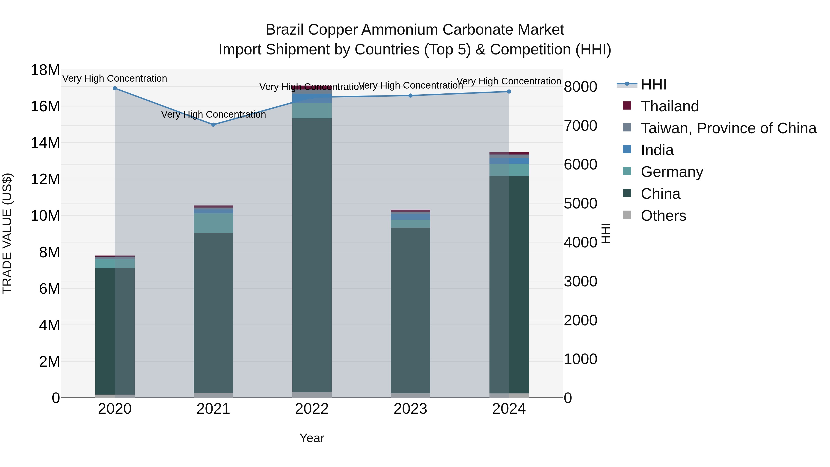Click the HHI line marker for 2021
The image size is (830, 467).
[213, 124]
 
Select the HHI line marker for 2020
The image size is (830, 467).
[115, 88]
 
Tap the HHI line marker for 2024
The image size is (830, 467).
[509, 92]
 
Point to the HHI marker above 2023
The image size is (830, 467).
[410, 95]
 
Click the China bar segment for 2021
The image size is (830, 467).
[213, 313]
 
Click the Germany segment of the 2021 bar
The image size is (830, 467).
[213, 223]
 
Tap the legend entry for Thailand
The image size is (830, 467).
[670, 106]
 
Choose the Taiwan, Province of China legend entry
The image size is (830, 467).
[728, 128]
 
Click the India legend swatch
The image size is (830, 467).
[627, 149]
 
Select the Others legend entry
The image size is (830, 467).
[663, 216]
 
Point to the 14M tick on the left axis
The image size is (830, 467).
[45, 143]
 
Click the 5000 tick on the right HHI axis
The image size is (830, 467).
[580, 203]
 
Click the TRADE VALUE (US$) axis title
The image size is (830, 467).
[7, 233]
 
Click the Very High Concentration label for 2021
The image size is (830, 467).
[213, 114]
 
